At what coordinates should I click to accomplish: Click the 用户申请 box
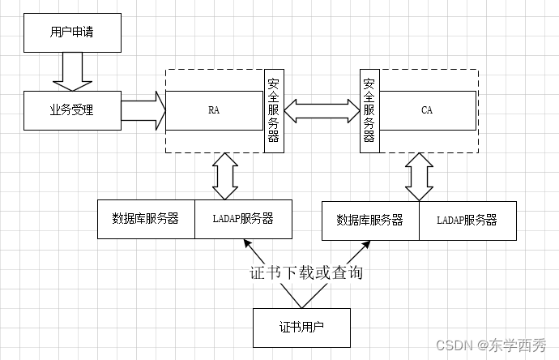pos(73,33)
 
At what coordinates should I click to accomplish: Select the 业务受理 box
pos(73,110)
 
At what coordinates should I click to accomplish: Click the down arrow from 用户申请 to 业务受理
pos(73,71)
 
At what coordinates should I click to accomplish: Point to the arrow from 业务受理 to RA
pos(144,110)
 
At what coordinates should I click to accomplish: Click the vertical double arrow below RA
pos(225,175)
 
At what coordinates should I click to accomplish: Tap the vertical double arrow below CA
pos(419,176)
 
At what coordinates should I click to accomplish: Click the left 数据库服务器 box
pos(146,219)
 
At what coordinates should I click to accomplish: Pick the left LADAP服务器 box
pos(243,219)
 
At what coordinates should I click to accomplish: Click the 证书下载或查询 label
pos(306,272)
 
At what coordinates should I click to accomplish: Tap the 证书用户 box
pos(302,328)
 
